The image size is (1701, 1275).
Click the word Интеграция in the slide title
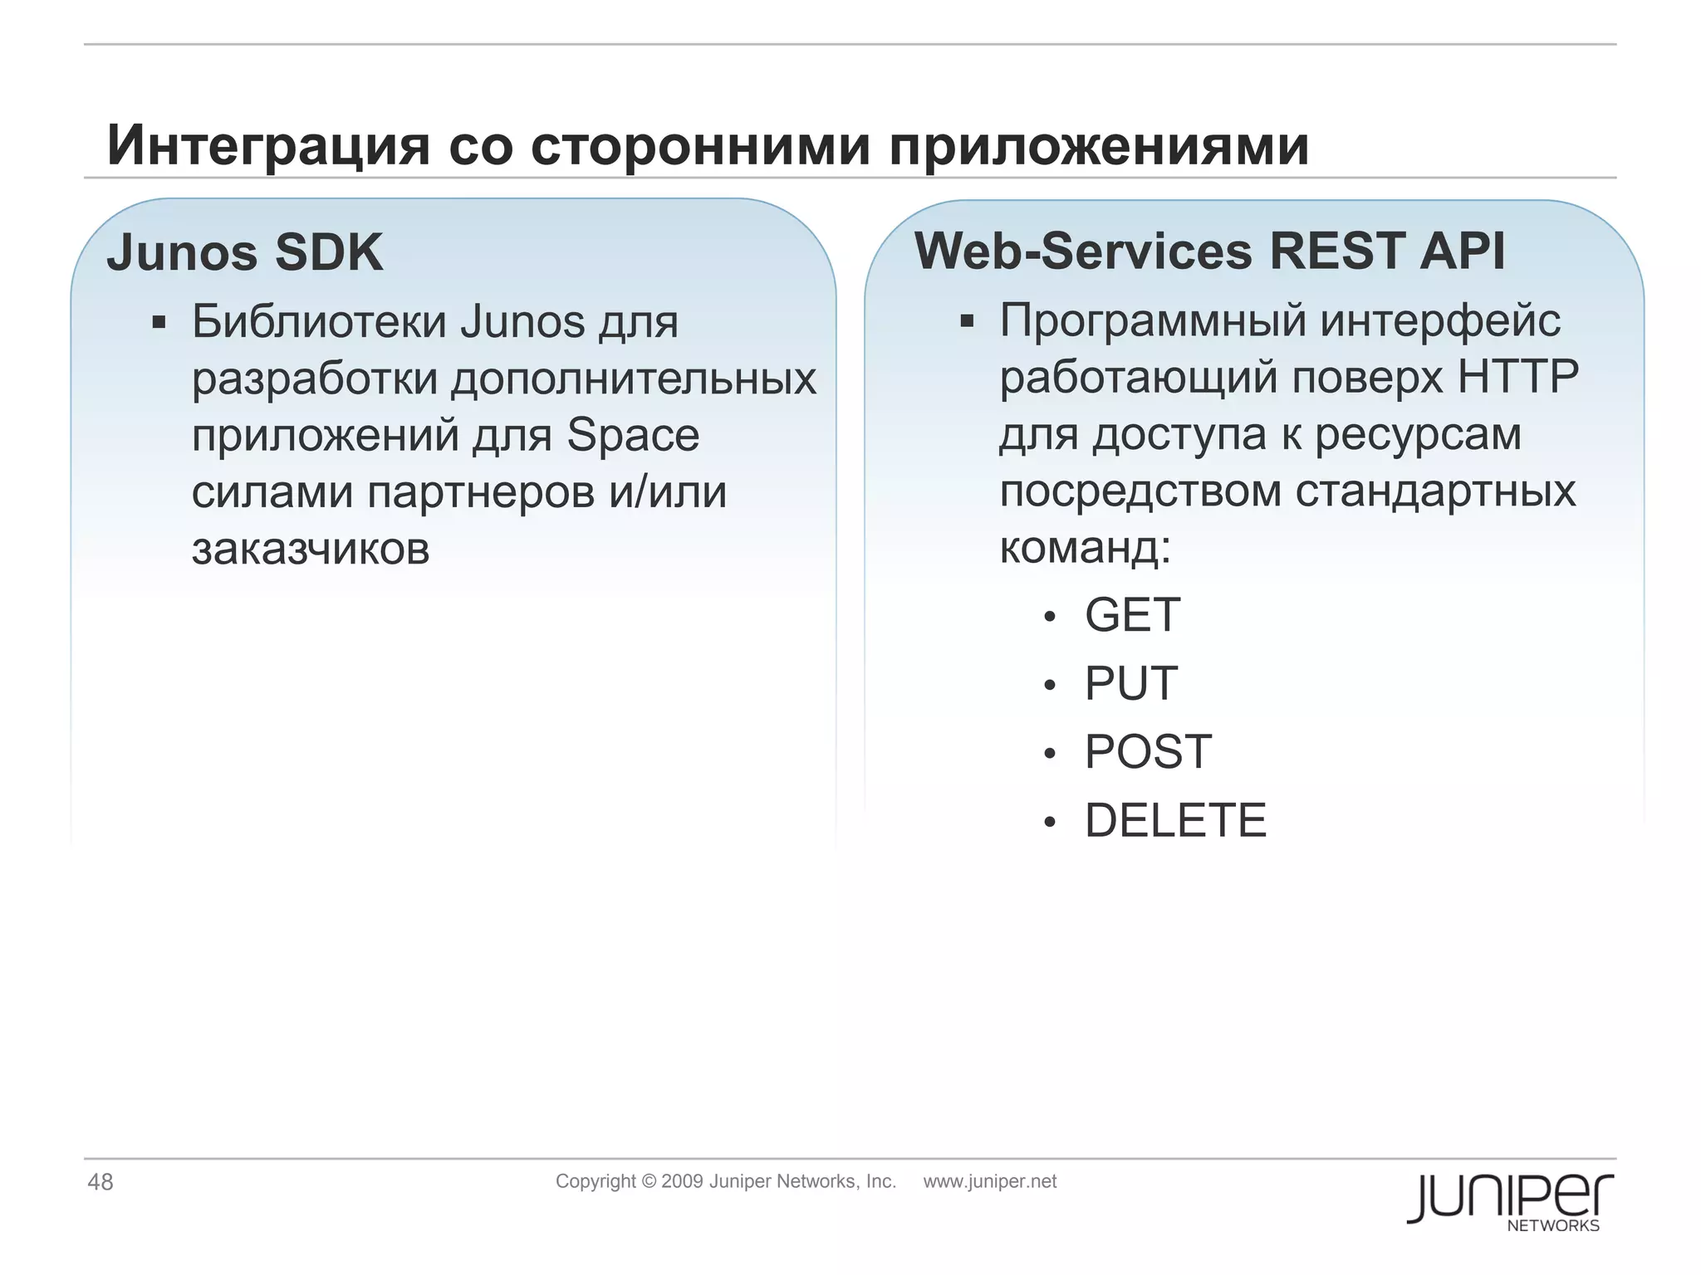tap(268, 146)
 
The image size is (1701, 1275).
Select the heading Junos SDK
tap(245, 252)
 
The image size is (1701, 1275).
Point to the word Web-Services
tap(1083, 250)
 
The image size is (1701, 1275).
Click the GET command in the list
tap(1132, 615)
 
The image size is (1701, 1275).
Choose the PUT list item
tap(1130, 683)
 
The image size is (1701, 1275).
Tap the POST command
tap(1148, 752)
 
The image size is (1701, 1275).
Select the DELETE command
tap(1175, 820)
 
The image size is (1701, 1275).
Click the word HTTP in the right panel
tap(1518, 377)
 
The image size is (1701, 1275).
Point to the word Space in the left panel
tap(633, 435)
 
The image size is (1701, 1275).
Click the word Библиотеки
tap(319, 321)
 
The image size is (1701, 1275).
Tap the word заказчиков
tap(311, 549)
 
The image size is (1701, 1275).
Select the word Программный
tap(1155, 320)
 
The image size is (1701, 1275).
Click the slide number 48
tap(100, 1182)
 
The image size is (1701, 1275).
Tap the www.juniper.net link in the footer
tap(989, 1181)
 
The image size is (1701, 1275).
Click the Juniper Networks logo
tap(1509, 1200)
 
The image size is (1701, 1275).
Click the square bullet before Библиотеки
tap(159, 322)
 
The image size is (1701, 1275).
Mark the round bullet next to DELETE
tap(1050, 822)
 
